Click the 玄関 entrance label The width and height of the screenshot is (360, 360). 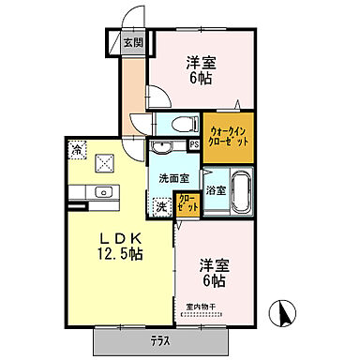coord(133,43)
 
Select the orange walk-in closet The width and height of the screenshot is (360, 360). coord(229,134)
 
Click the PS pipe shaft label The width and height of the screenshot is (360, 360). coord(194,145)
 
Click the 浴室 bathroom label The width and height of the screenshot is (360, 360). coord(215,190)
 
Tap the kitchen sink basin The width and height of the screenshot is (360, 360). coord(103,193)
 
